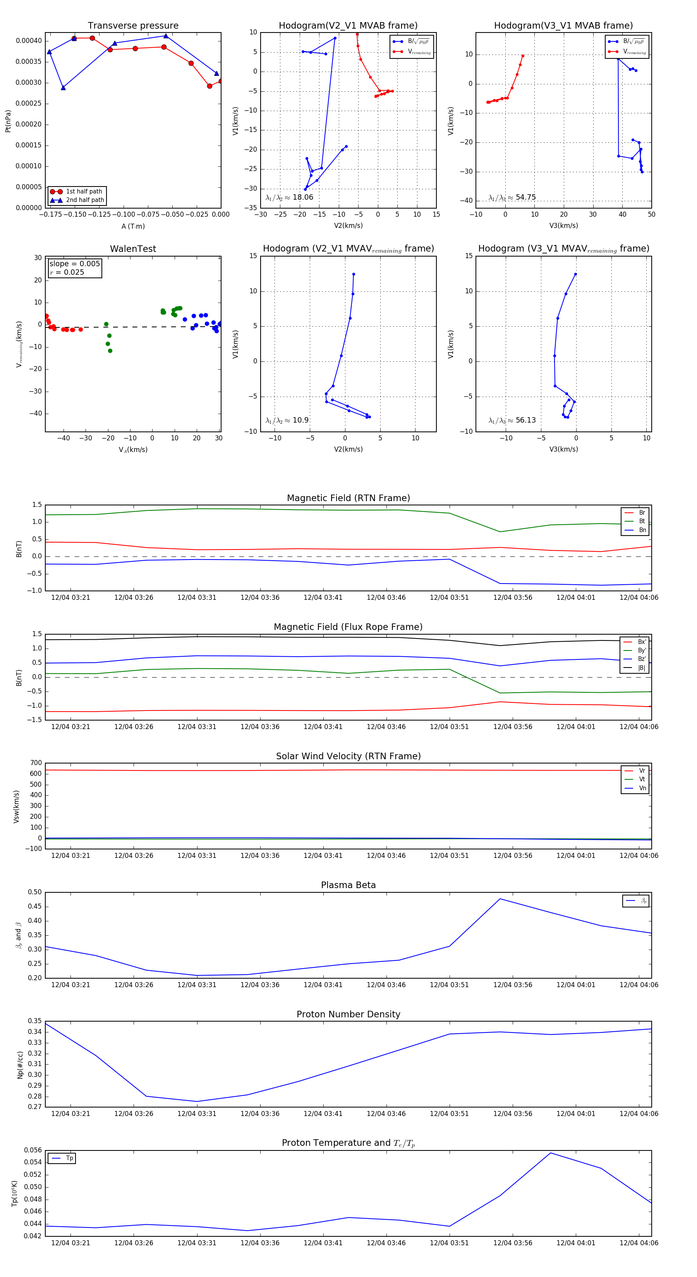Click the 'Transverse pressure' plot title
pos(133,26)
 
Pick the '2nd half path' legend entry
pos(85,200)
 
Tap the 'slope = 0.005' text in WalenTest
pos(74,264)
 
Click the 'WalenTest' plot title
pos(133,249)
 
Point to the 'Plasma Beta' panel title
pos(348,885)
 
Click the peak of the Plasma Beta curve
pos(500,899)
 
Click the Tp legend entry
pos(69,1159)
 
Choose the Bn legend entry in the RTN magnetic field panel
pos(642,530)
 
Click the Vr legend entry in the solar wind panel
pos(642,771)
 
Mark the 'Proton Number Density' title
pos(348,1014)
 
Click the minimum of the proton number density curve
pos(197,1102)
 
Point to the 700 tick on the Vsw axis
pos(36,763)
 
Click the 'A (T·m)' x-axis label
pos(133,226)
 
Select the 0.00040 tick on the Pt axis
pos(29,41)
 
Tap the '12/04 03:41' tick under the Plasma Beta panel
pos(323,984)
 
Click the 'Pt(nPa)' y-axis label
pos(8,121)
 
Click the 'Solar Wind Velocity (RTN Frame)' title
pos(348,756)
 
